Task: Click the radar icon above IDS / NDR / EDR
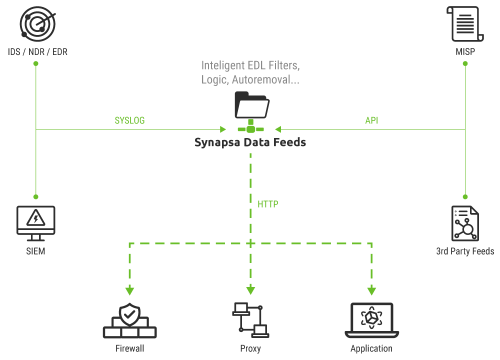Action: click(36, 23)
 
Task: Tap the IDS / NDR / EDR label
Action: click(36, 51)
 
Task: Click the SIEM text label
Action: click(36, 251)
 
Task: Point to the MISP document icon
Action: click(465, 23)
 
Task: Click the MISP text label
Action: click(465, 51)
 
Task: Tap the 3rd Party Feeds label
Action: click(465, 251)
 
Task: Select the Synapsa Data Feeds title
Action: click(250, 143)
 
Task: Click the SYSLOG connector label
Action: click(129, 120)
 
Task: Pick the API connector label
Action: click(371, 120)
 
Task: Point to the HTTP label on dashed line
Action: click(268, 204)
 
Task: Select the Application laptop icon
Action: click(371, 320)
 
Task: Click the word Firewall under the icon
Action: click(129, 348)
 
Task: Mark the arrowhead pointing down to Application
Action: click(371, 290)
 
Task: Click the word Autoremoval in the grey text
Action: click(260, 79)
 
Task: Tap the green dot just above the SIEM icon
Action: click(36, 196)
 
